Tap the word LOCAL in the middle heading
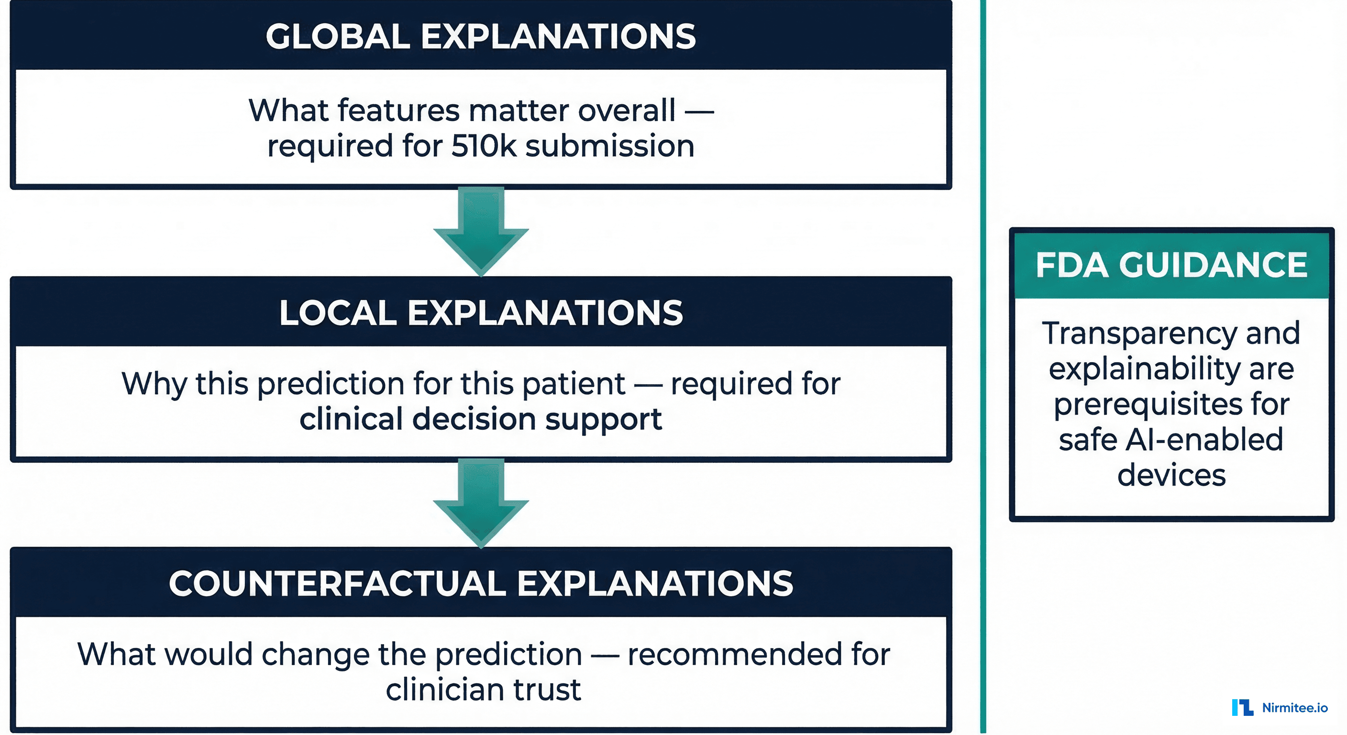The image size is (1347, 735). [337, 313]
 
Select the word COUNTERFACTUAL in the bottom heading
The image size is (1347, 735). [337, 584]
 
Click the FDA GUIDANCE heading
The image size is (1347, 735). [1171, 265]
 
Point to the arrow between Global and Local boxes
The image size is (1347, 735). [481, 230]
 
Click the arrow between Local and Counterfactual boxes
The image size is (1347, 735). [481, 502]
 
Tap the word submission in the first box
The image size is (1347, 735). [610, 146]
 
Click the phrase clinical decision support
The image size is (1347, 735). [481, 420]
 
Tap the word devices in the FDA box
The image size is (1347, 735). [1171, 475]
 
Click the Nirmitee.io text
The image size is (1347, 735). [1295, 708]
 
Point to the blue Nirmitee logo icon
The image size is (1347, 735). [1242, 707]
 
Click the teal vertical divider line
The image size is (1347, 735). [983, 366]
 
